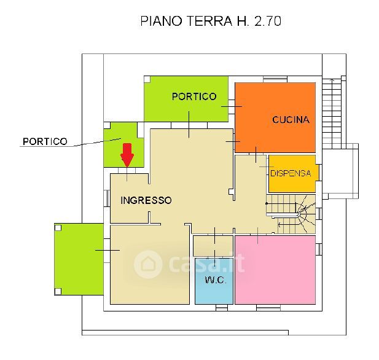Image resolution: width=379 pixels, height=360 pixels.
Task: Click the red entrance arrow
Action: tap(127, 154)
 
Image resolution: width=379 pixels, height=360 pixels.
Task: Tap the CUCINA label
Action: tap(291, 120)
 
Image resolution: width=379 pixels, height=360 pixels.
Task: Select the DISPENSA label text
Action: tap(291, 173)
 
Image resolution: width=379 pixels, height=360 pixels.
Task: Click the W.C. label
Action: tap(214, 280)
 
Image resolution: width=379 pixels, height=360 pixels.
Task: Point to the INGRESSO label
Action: tap(146, 200)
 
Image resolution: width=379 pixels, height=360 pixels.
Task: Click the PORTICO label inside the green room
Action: tap(194, 96)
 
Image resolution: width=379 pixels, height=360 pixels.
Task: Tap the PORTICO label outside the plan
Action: tap(45, 141)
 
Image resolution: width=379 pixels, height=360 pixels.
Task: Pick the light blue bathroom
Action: tap(214, 289)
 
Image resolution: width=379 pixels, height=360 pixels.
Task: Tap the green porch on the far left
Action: tap(78, 258)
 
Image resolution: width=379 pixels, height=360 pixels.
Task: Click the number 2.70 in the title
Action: tap(265, 22)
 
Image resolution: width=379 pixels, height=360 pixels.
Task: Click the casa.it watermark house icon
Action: tap(148, 265)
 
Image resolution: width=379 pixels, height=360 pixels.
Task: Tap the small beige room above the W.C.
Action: tap(213, 245)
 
